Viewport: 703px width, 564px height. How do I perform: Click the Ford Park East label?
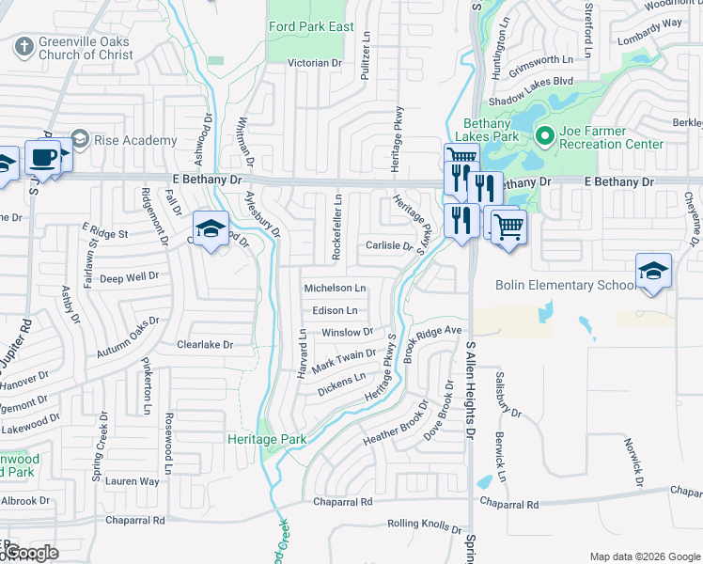point(311,26)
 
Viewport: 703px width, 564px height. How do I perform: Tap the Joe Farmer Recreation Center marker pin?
point(542,136)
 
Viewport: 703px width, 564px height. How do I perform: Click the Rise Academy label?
point(135,140)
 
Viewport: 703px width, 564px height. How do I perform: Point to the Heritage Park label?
point(267,439)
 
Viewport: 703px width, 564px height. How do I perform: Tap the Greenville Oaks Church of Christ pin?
point(23,43)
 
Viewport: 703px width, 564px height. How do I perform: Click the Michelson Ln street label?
point(335,288)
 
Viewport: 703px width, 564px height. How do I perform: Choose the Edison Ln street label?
point(335,310)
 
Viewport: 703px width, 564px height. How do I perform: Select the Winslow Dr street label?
point(347,333)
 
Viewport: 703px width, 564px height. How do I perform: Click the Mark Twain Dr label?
point(344,358)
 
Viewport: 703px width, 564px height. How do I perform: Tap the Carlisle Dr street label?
point(389,246)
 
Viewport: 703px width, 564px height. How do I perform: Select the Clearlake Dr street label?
point(205,345)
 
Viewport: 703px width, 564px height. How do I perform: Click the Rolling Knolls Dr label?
point(425,528)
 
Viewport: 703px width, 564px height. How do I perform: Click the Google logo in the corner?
point(31,553)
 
